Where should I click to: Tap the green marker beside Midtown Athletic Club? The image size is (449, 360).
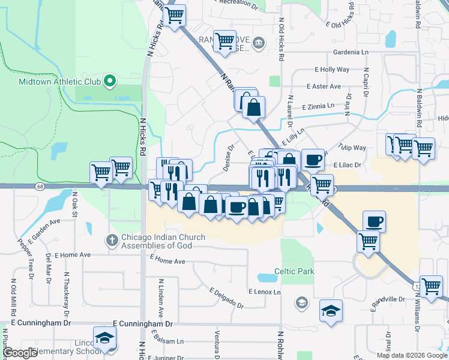click(110, 80)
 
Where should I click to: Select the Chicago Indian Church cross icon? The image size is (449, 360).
click(112, 240)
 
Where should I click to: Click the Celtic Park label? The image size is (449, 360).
click(294, 271)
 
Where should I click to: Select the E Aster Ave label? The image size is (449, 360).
click(323, 86)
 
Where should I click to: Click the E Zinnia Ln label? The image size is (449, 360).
click(319, 106)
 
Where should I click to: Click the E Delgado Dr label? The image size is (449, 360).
click(226, 298)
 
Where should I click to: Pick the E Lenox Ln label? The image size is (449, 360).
click(265, 292)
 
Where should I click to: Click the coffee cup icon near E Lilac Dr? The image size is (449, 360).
click(313, 160)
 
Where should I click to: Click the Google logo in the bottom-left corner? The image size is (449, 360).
click(20, 352)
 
